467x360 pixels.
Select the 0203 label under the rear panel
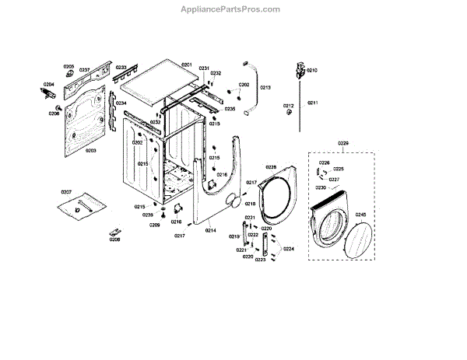coord(90,151)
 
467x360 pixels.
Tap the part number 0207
coord(65,191)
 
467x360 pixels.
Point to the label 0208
coord(114,239)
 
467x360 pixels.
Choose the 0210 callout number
coord(312,71)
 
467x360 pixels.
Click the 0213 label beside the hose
coord(265,88)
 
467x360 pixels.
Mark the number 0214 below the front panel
coord(210,231)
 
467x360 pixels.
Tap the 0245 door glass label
coord(360,214)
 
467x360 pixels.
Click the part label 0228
coord(271,167)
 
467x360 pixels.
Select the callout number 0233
coord(121,68)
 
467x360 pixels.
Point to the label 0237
coord(85,70)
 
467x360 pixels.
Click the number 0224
coord(289,249)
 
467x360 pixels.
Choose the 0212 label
coord(288,106)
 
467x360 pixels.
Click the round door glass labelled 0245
coord(357,243)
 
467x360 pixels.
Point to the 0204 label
coord(48,84)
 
